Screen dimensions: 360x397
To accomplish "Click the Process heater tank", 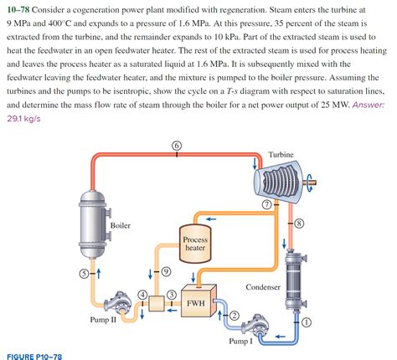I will tap(194, 243).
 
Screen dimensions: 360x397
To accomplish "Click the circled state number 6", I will tap(176, 146).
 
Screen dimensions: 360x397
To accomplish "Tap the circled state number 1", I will tap(306, 321).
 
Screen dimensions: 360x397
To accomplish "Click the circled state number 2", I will tap(235, 314).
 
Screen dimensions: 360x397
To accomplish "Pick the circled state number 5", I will tap(83, 274).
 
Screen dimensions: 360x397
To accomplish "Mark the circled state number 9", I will tap(166, 271).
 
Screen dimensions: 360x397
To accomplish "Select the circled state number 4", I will tap(143, 294).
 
